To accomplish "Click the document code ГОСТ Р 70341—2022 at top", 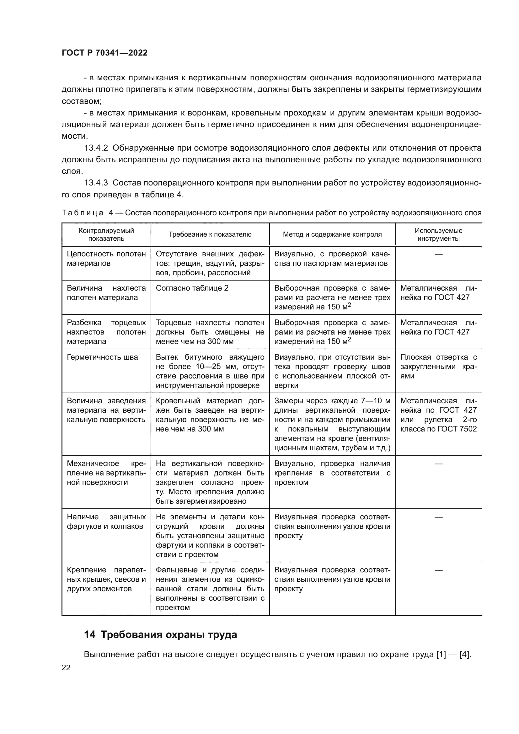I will click(104, 53).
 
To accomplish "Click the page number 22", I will click(66, 667).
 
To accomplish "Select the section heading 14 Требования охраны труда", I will click(160, 635).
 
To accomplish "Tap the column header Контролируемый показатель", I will click(106, 234).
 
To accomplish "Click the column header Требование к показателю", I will click(210, 234).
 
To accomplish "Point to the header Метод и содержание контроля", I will click(332, 234).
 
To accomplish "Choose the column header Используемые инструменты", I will click(438, 234).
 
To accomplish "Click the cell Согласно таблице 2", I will click(192, 288).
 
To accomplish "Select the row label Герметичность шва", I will click(102, 357).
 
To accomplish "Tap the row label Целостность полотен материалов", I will click(106, 259).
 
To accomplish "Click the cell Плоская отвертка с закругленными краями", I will click(438, 366).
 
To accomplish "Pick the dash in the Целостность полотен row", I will click(438, 254).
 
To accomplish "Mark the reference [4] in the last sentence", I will click(464, 654).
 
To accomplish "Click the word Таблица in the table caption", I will click(83, 213).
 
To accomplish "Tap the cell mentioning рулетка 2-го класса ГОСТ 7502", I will click(438, 415).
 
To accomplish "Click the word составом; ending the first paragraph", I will click(82, 101).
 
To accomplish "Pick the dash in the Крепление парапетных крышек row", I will click(438, 570).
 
